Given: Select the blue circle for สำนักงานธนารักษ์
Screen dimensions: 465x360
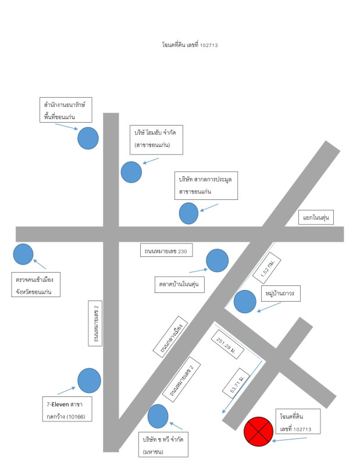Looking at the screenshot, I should click(88, 138).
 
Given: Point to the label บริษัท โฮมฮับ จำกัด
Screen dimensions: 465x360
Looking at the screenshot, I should click(156, 138).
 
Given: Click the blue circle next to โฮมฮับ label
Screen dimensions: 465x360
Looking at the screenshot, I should click(131, 172).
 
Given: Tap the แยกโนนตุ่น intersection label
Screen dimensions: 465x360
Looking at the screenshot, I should click(317, 217).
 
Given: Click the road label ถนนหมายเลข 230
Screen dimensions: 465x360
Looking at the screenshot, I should click(166, 251).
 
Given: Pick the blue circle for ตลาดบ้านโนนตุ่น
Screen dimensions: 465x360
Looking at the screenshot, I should click(218, 260).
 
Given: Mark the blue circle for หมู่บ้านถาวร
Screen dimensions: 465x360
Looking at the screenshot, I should click(244, 302).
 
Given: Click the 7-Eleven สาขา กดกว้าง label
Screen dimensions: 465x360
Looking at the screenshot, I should click(65, 410).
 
